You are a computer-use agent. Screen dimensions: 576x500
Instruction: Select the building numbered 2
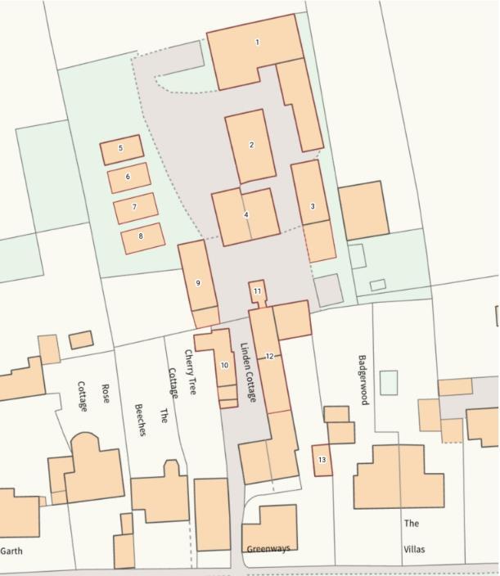pos(251,146)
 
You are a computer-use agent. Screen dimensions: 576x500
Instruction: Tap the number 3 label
pos(313,207)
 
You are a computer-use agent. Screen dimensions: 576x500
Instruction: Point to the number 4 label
pos(246,215)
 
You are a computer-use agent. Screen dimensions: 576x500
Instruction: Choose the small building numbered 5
pos(121,149)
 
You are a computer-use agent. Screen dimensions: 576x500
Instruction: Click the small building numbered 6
pos(128,177)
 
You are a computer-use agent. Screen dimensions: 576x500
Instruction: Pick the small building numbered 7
pos(135,208)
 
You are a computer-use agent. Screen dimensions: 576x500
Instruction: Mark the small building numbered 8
pos(142,236)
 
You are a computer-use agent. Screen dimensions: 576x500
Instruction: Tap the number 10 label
pos(224,365)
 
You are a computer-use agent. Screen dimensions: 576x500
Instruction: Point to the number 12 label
pos(269,357)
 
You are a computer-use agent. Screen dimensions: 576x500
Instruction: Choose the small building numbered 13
pos(322,460)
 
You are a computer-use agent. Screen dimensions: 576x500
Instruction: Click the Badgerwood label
pos(363,380)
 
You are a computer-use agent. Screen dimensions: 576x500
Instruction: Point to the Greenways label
pos(268,549)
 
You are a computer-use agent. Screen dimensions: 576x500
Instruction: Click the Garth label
pos(11,551)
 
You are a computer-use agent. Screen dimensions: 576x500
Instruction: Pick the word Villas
pos(413,550)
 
